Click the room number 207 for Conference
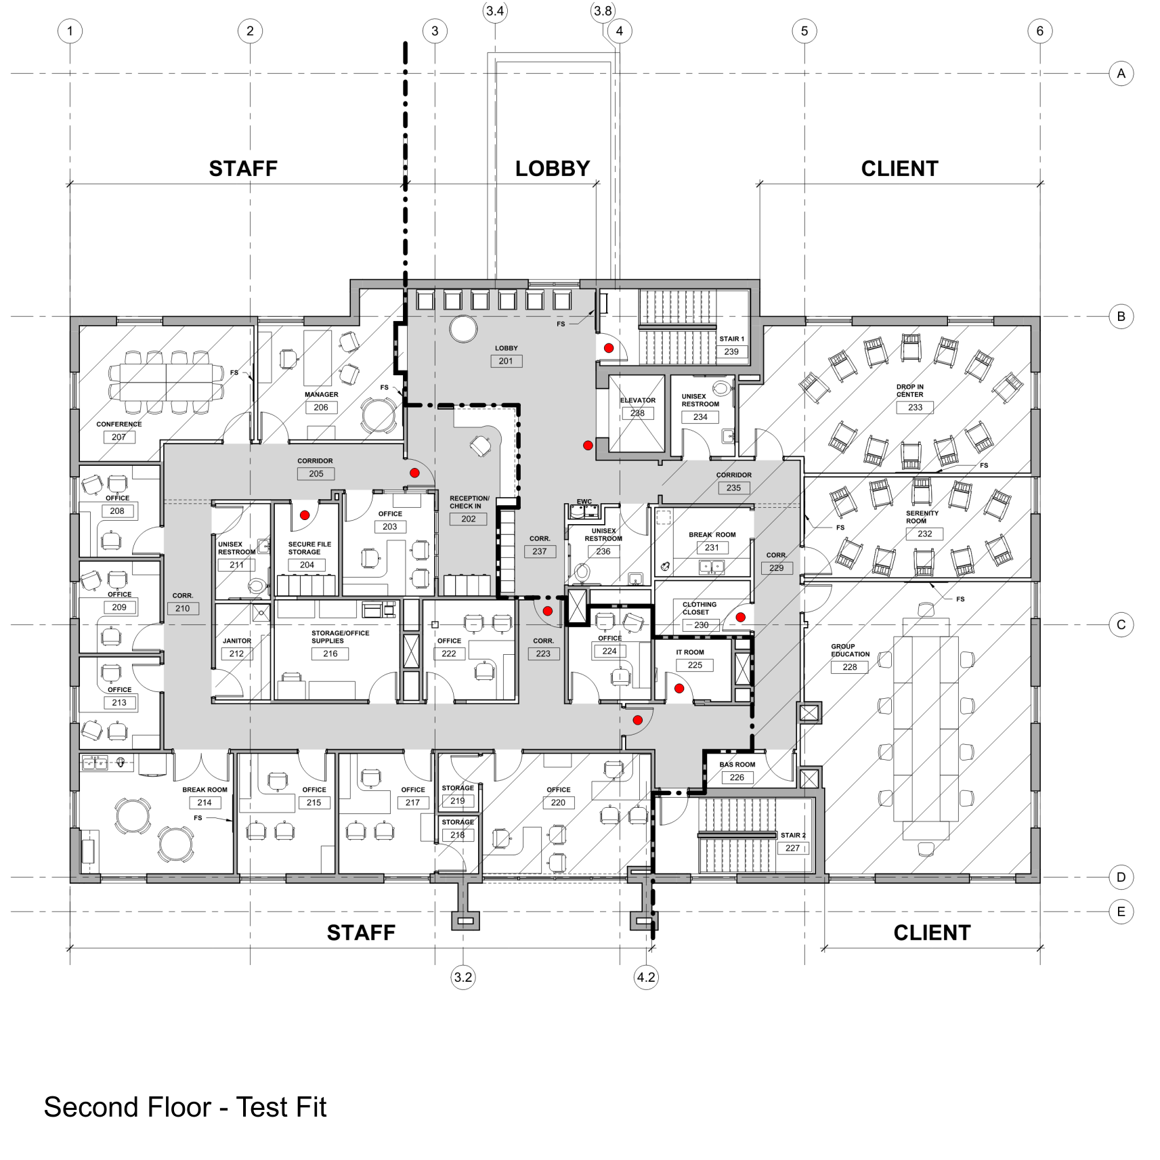[119, 437]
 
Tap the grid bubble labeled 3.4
[495, 11]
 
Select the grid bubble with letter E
[1121, 911]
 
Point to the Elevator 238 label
[637, 407]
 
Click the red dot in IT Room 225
[679, 689]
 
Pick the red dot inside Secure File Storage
[305, 515]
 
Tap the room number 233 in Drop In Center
[915, 407]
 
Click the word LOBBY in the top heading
[553, 169]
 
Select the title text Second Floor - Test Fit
[185, 1107]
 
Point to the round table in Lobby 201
[464, 328]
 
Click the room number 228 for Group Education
[850, 667]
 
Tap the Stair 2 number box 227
[792, 848]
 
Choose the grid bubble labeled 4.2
[646, 977]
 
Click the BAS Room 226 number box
[737, 777]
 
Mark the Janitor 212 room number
[236, 653]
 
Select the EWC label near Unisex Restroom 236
[584, 502]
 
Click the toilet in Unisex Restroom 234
[722, 387]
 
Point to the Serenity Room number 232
[924, 534]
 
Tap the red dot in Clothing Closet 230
[741, 618]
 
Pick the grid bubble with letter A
[1121, 73]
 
